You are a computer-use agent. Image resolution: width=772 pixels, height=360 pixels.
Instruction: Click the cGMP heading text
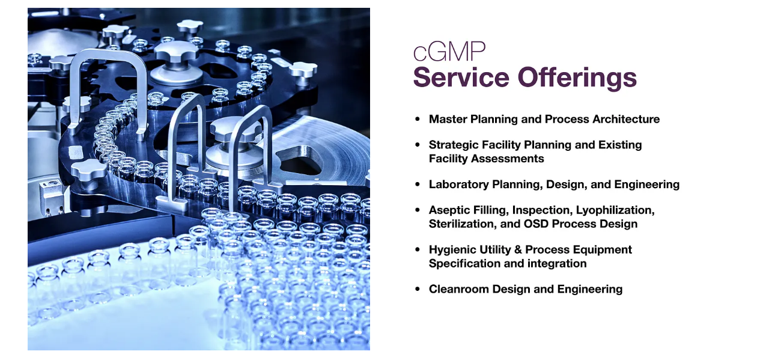coord(449,52)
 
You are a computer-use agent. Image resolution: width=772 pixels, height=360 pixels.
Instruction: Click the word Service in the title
coord(461,78)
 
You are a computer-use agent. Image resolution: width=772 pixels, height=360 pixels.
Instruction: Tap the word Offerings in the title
coord(577,78)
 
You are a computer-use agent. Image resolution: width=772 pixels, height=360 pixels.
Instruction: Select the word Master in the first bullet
coord(448,119)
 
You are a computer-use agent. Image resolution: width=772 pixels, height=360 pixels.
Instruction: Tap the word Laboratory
coord(459,185)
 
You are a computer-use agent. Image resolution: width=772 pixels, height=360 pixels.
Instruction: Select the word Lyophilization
coord(615,210)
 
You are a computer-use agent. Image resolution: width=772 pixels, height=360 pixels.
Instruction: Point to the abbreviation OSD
coord(536,224)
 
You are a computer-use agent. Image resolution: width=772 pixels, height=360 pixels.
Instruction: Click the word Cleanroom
coord(459,289)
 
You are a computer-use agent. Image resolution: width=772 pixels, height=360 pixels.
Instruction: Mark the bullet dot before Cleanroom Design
coord(418,289)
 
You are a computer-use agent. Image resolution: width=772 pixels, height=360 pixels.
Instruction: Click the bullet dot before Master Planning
coord(418,119)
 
